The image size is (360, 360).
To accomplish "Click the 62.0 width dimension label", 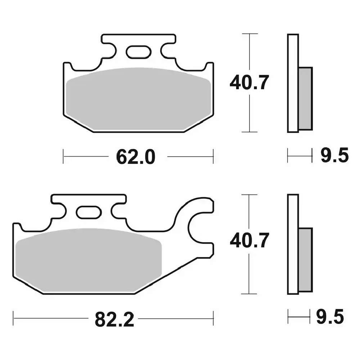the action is point(136,157).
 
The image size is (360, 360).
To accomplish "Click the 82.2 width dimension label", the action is point(114,319).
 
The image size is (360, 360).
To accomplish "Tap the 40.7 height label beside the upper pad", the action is point(249,82).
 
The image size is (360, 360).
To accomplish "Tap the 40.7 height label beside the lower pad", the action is point(249,240).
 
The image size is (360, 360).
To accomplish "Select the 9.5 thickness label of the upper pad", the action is point(335,156).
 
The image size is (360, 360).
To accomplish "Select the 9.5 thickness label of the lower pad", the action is point(330,317).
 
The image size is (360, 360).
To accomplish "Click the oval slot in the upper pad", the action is point(139,51).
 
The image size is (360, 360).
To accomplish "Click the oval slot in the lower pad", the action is point(89,212).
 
